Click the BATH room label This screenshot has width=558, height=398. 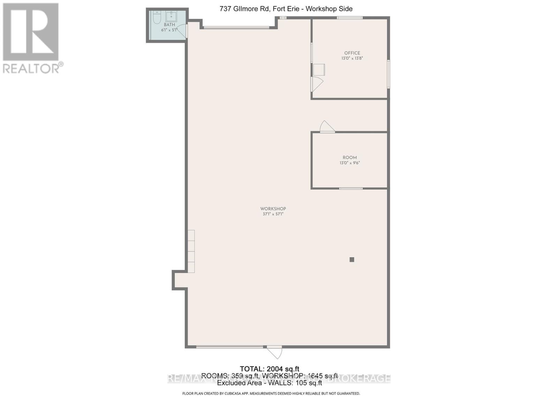169,25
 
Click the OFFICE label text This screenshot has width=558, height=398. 352,53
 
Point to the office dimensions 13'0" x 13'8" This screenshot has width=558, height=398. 352,59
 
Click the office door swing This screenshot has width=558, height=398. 317,84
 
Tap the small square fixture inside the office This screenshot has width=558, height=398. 319,70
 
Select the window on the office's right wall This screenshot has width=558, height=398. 389,74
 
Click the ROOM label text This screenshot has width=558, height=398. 350,158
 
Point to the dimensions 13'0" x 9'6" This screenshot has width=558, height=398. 350,163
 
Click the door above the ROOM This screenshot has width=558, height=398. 327,127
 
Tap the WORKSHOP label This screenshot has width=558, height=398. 273,209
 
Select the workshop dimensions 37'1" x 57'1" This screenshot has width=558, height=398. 273,214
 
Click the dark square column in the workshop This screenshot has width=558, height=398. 352,259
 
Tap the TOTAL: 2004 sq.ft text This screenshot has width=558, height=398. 269,369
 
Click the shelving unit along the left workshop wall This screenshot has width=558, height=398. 191,251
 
